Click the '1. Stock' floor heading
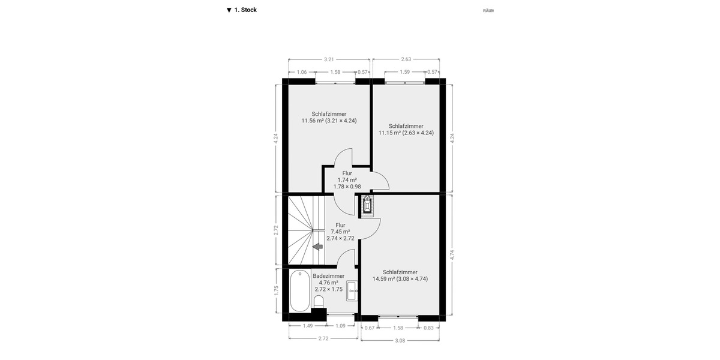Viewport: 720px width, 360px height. (x=242, y=10)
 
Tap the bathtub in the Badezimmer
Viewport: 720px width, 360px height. (x=300, y=292)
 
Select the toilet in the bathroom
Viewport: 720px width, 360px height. (x=319, y=301)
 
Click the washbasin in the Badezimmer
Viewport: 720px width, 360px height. (x=352, y=290)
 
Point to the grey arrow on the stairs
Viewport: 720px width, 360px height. (x=317, y=246)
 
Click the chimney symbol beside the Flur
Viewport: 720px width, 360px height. (x=367, y=206)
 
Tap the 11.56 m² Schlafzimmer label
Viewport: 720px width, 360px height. (x=329, y=117)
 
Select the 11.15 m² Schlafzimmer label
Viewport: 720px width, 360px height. (x=406, y=130)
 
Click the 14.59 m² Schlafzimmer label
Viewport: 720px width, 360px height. (x=400, y=275)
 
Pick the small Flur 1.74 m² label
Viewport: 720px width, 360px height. (x=347, y=179)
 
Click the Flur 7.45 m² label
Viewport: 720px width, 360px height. (x=340, y=232)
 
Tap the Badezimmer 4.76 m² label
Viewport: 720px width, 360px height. (x=328, y=283)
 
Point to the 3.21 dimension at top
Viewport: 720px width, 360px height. (x=329, y=59)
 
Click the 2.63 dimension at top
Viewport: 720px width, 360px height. (x=406, y=59)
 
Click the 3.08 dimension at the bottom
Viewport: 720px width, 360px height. (x=401, y=340)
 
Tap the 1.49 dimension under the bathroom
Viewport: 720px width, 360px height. (x=307, y=326)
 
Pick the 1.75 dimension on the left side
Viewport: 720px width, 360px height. (x=277, y=290)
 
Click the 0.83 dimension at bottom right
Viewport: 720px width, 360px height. (x=428, y=328)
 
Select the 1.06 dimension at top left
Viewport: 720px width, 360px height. (x=302, y=72)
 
